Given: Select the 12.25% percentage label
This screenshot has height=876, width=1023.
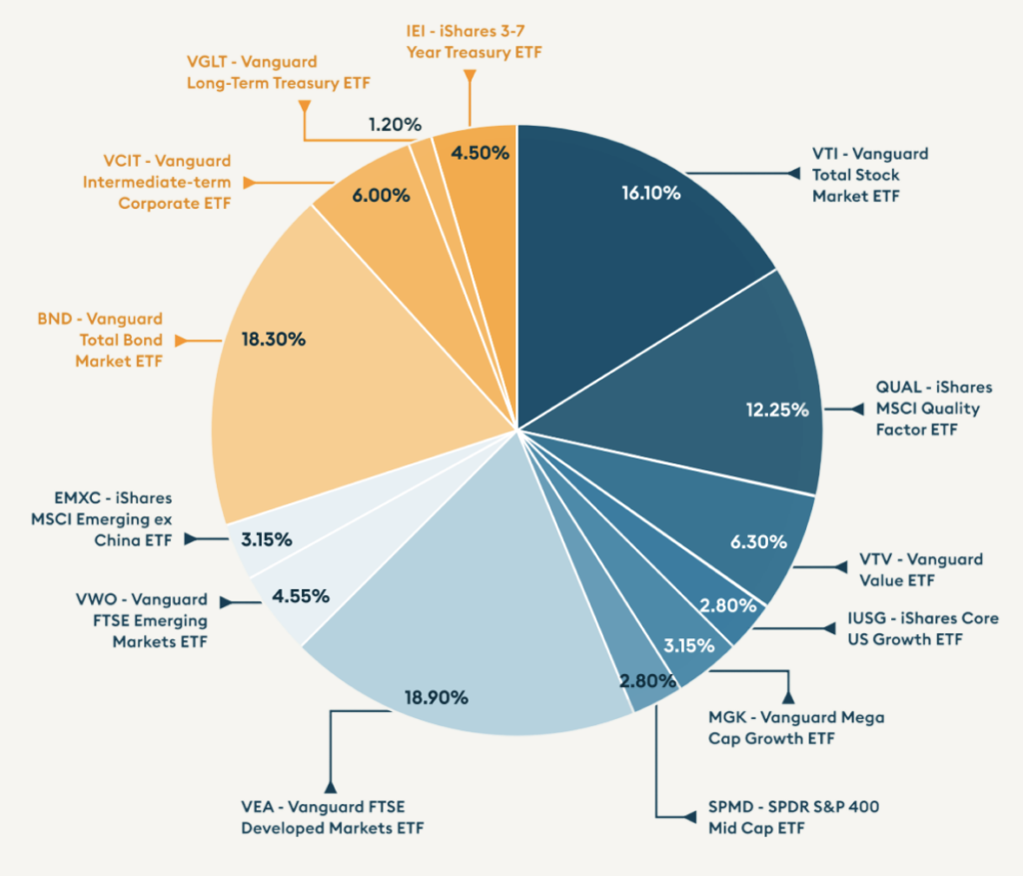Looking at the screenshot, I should point(776,410).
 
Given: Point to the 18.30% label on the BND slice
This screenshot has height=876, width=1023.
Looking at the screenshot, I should point(273,340).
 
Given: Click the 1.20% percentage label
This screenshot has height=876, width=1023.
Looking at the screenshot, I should point(395,125).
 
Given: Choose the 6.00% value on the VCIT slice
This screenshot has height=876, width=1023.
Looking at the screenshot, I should point(380,196).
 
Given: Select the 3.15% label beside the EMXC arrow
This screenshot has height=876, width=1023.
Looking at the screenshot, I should point(266,539).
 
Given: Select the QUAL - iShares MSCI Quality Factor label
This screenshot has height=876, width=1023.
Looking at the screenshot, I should point(920,409).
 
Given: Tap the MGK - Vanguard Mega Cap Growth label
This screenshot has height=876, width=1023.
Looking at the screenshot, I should point(795,728).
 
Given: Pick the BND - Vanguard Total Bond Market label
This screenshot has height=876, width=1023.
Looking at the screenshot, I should point(119,341).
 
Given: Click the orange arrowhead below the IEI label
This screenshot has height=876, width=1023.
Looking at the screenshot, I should point(470,76).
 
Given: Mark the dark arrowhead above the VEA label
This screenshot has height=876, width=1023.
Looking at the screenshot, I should point(330,786).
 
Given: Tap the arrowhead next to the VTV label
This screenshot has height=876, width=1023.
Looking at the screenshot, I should point(833,569).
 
